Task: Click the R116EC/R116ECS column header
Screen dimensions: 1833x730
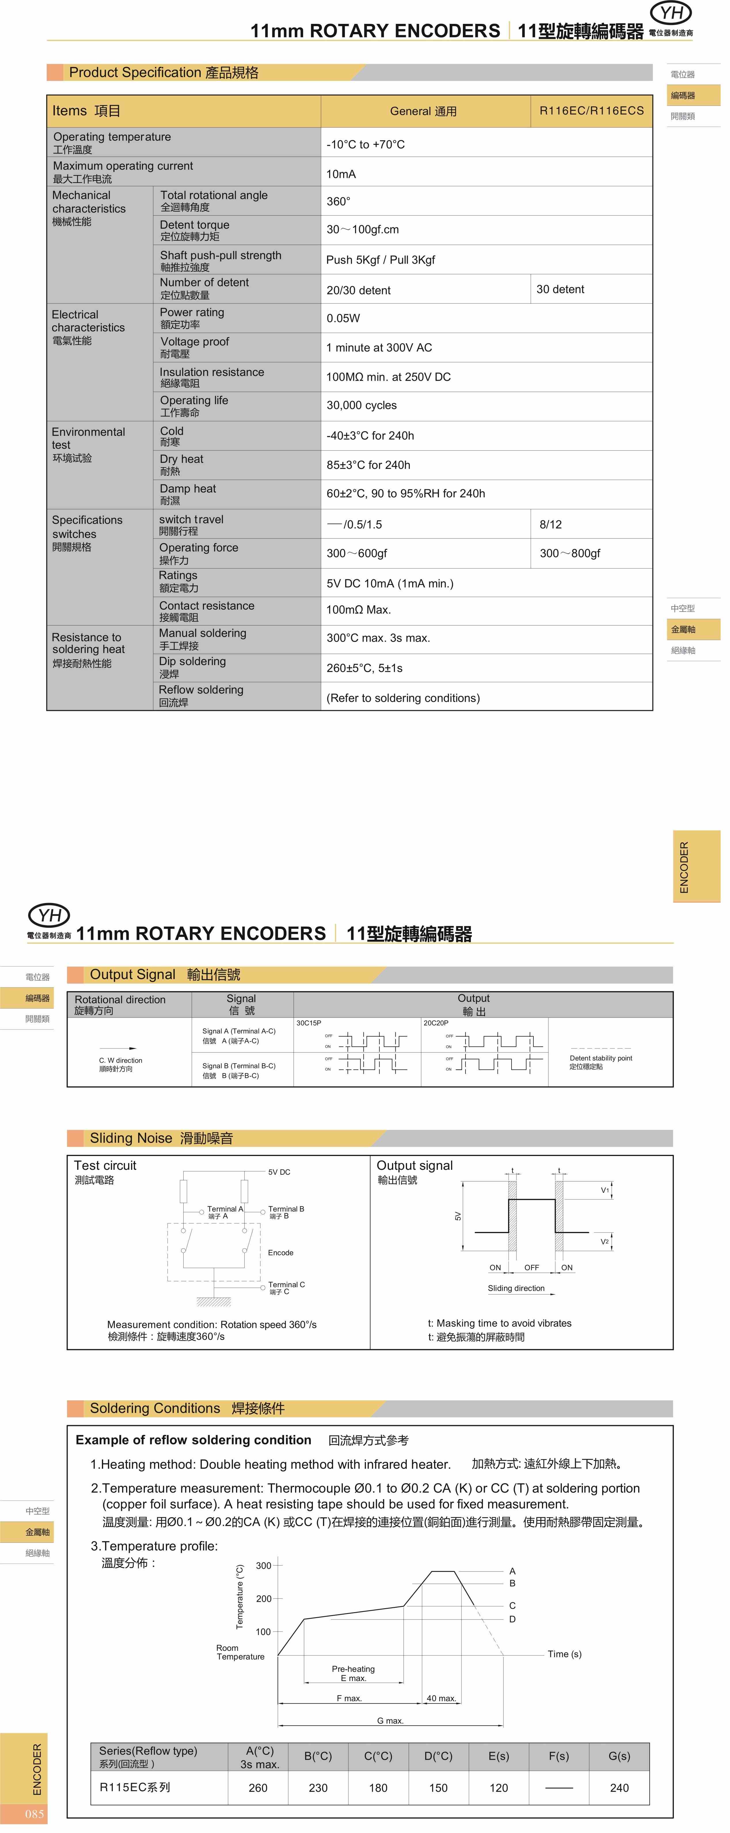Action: (591, 111)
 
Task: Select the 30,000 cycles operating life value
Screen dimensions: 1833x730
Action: (362, 406)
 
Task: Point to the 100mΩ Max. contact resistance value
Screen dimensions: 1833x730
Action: (359, 610)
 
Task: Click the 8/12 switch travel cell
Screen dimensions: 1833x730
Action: (551, 524)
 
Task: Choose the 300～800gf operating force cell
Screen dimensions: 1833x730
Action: (570, 553)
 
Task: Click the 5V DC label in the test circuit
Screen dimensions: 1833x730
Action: (279, 1172)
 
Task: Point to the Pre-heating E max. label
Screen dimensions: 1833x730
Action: (353, 1673)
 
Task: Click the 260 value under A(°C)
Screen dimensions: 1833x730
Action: (258, 1788)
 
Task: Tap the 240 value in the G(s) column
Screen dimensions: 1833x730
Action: (619, 1788)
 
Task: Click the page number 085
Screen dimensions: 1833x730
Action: (34, 1814)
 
